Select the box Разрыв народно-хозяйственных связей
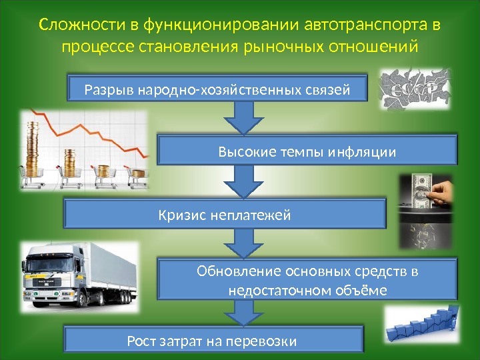click(x=218, y=89)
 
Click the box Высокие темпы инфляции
click(x=307, y=153)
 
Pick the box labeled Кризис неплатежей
click(x=225, y=215)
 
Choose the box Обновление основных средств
click(x=307, y=281)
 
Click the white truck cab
click(x=47, y=273)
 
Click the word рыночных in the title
click(x=287, y=48)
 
